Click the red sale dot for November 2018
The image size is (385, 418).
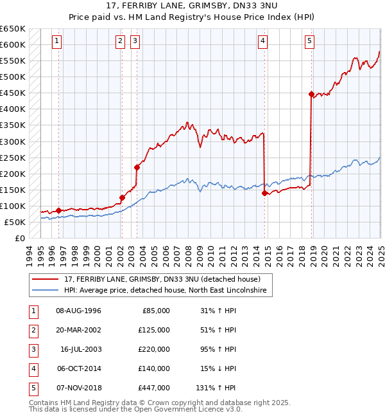click(x=311, y=94)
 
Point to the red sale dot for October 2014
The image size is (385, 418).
click(x=264, y=192)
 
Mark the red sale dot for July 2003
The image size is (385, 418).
click(x=137, y=167)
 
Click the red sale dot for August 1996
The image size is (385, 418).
click(x=58, y=210)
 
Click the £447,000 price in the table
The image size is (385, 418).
click(x=155, y=388)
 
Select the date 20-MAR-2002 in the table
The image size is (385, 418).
click(x=79, y=330)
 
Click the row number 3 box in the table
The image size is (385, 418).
click(x=33, y=349)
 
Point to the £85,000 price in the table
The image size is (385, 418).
click(x=156, y=311)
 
